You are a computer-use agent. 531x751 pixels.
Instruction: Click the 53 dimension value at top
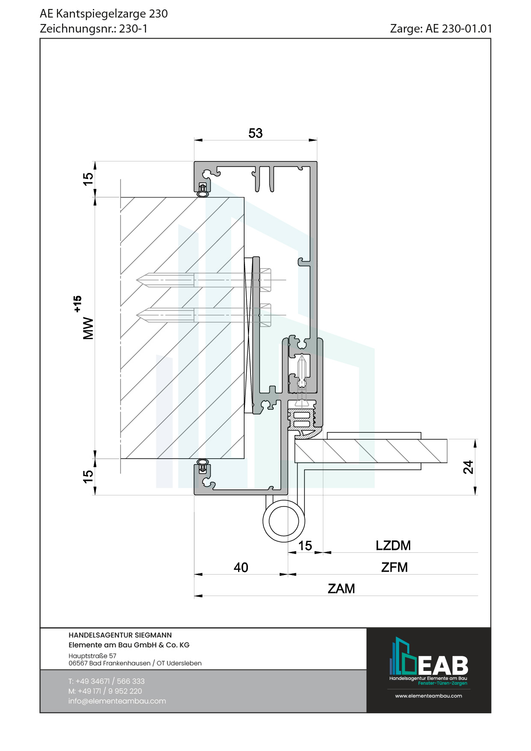point(255,133)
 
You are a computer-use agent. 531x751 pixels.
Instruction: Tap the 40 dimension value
point(241,567)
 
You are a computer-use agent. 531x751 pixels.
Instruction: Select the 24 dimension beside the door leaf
point(468,467)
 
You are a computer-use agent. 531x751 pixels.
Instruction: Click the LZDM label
point(393,545)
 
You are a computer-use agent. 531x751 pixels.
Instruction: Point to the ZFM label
point(394,567)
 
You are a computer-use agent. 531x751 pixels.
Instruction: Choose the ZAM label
point(341,589)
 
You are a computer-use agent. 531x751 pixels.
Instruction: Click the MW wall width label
point(88,328)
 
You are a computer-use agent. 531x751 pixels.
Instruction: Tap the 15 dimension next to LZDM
point(305,546)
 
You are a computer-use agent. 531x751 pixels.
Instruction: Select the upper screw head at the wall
point(265,280)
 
